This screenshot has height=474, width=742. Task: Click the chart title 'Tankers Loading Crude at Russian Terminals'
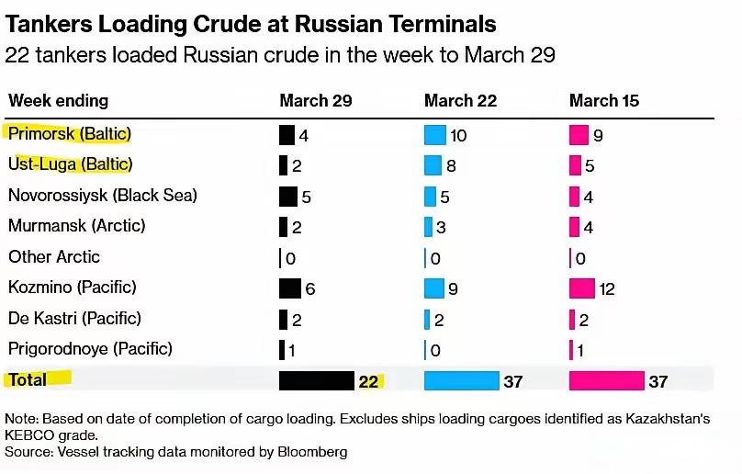pos(251,24)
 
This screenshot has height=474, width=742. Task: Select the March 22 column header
pos(461,100)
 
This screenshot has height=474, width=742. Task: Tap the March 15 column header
pos(604,100)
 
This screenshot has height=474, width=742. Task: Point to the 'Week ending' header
pos(58,100)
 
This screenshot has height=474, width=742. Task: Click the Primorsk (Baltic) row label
pos(70,134)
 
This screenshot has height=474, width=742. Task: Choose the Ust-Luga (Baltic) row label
pos(71,164)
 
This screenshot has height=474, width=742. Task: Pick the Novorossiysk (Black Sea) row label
pos(103,196)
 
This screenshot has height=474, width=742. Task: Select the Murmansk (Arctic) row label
pos(77,226)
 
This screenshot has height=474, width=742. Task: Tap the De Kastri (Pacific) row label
pos(74,319)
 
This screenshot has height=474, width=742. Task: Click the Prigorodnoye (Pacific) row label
pos(90,349)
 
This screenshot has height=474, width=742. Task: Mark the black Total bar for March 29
pos(317,380)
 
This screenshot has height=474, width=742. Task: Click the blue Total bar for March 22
pos(461,380)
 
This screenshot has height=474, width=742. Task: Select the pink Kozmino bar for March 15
pos(582,288)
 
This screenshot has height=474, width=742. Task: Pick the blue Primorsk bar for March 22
pos(434,136)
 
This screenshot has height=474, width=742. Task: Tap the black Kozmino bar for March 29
pos(290,288)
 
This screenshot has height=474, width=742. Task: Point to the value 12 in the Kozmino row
pos(607,289)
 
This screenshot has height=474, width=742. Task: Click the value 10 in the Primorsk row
pos(458,137)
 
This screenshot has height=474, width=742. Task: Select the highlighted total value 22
pos(369,381)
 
